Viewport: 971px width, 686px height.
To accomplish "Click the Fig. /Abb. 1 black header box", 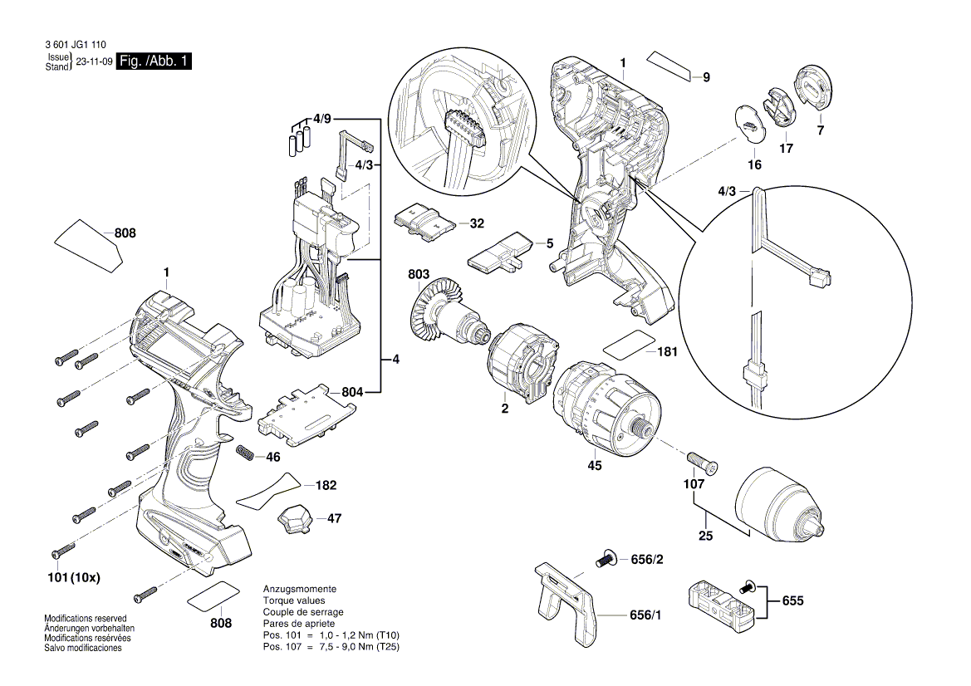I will (x=154, y=62).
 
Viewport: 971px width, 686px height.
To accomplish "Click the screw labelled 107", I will (x=703, y=462).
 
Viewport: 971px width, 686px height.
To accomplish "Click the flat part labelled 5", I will (x=498, y=252).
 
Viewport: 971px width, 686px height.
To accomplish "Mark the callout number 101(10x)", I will (x=75, y=577).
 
